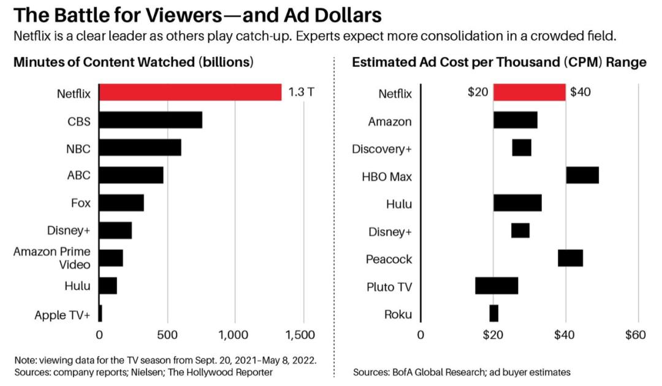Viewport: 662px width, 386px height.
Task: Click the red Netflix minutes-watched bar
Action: click(190, 93)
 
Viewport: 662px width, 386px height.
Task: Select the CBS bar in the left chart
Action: click(150, 120)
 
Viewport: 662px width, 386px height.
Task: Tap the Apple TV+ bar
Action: click(100, 314)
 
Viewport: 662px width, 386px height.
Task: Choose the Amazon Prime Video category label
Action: click(52, 258)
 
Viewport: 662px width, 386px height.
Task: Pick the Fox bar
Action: click(121, 203)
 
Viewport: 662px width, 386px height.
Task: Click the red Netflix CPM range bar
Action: click(529, 93)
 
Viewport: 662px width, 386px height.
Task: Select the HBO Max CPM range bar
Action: click(582, 175)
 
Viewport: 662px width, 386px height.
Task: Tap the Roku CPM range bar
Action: click(494, 314)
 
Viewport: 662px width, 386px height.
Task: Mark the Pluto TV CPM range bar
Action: click(496, 286)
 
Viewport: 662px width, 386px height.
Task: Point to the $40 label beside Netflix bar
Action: click(581, 93)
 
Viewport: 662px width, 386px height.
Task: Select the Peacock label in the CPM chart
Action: click(389, 259)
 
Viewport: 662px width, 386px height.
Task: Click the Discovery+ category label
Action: click(381, 149)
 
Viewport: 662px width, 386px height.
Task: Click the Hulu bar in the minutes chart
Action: click(108, 286)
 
